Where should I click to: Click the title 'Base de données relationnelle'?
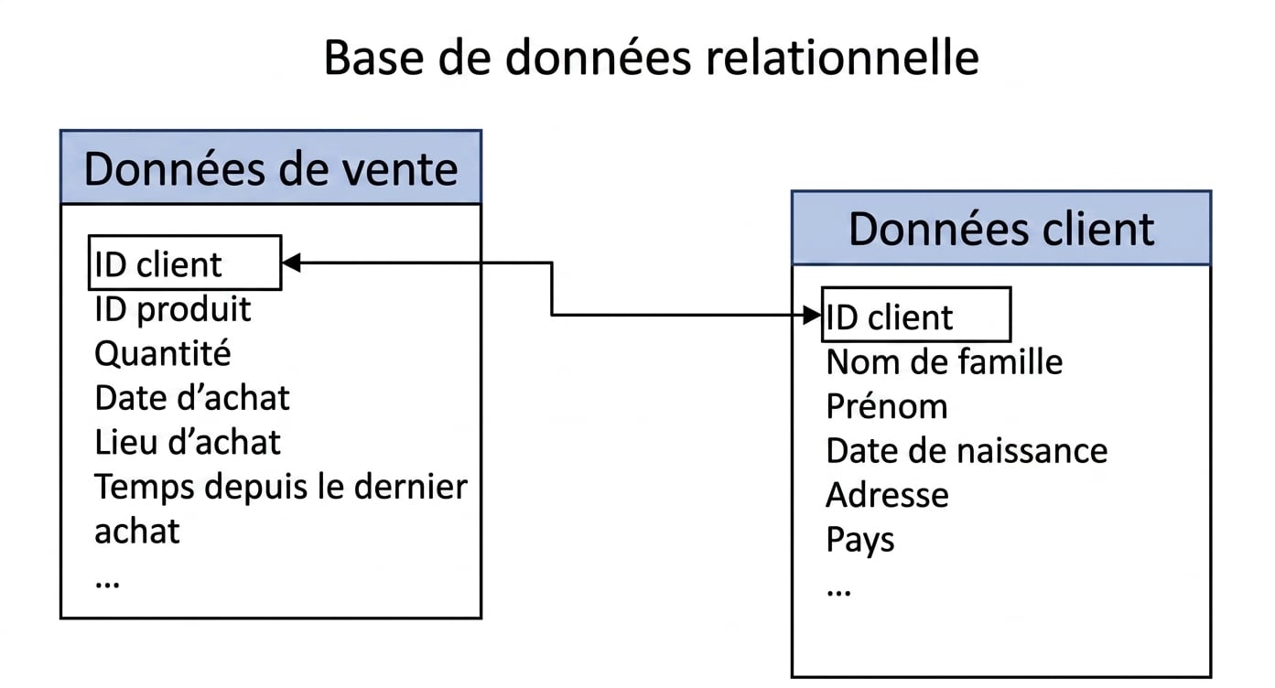tap(651, 58)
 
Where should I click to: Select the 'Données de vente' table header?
tap(271, 167)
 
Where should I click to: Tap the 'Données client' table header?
tap(1001, 228)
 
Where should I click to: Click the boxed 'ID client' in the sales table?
tap(185, 263)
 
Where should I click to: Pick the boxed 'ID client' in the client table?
tap(916, 315)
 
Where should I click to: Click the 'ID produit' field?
tap(172, 310)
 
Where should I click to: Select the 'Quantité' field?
tap(163, 353)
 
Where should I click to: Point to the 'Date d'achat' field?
tap(192, 398)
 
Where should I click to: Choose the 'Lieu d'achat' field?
tap(188, 442)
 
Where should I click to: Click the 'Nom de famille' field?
tap(945, 362)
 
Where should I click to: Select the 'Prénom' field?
tap(887, 406)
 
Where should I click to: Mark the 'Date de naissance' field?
tap(967, 451)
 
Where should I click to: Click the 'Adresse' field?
tap(888, 495)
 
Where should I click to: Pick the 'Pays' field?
tap(860, 540)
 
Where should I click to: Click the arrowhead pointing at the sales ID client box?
tap(291, 263)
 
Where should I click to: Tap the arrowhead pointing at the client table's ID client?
tap(812, 315)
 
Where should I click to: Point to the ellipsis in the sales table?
tap(108, 585)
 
